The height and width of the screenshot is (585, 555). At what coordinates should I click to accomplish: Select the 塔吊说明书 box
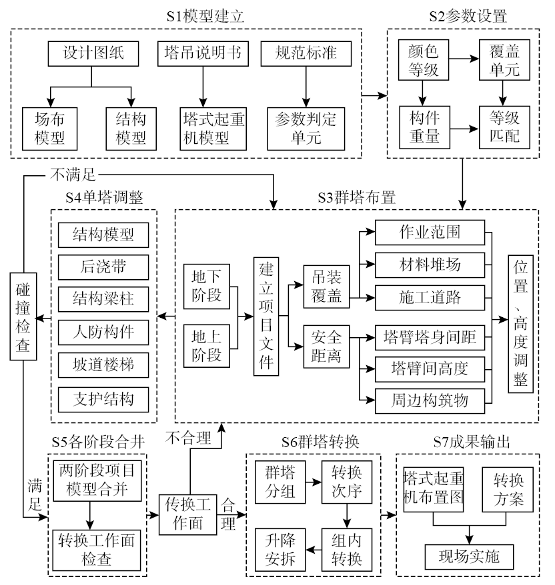tap(199, 54)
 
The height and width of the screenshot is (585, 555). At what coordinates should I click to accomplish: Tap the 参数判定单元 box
tap(306, 128)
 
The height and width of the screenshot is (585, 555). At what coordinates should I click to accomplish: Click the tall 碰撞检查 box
tap(22, 316)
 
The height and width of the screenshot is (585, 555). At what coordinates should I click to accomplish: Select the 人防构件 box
tap(103, 332)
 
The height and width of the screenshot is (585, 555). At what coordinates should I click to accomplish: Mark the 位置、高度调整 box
tap(520, 324)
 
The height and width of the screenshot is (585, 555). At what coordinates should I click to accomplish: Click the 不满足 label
tap(73, 175)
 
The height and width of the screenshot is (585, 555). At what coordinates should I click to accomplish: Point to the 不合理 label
tap(189, 438)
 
